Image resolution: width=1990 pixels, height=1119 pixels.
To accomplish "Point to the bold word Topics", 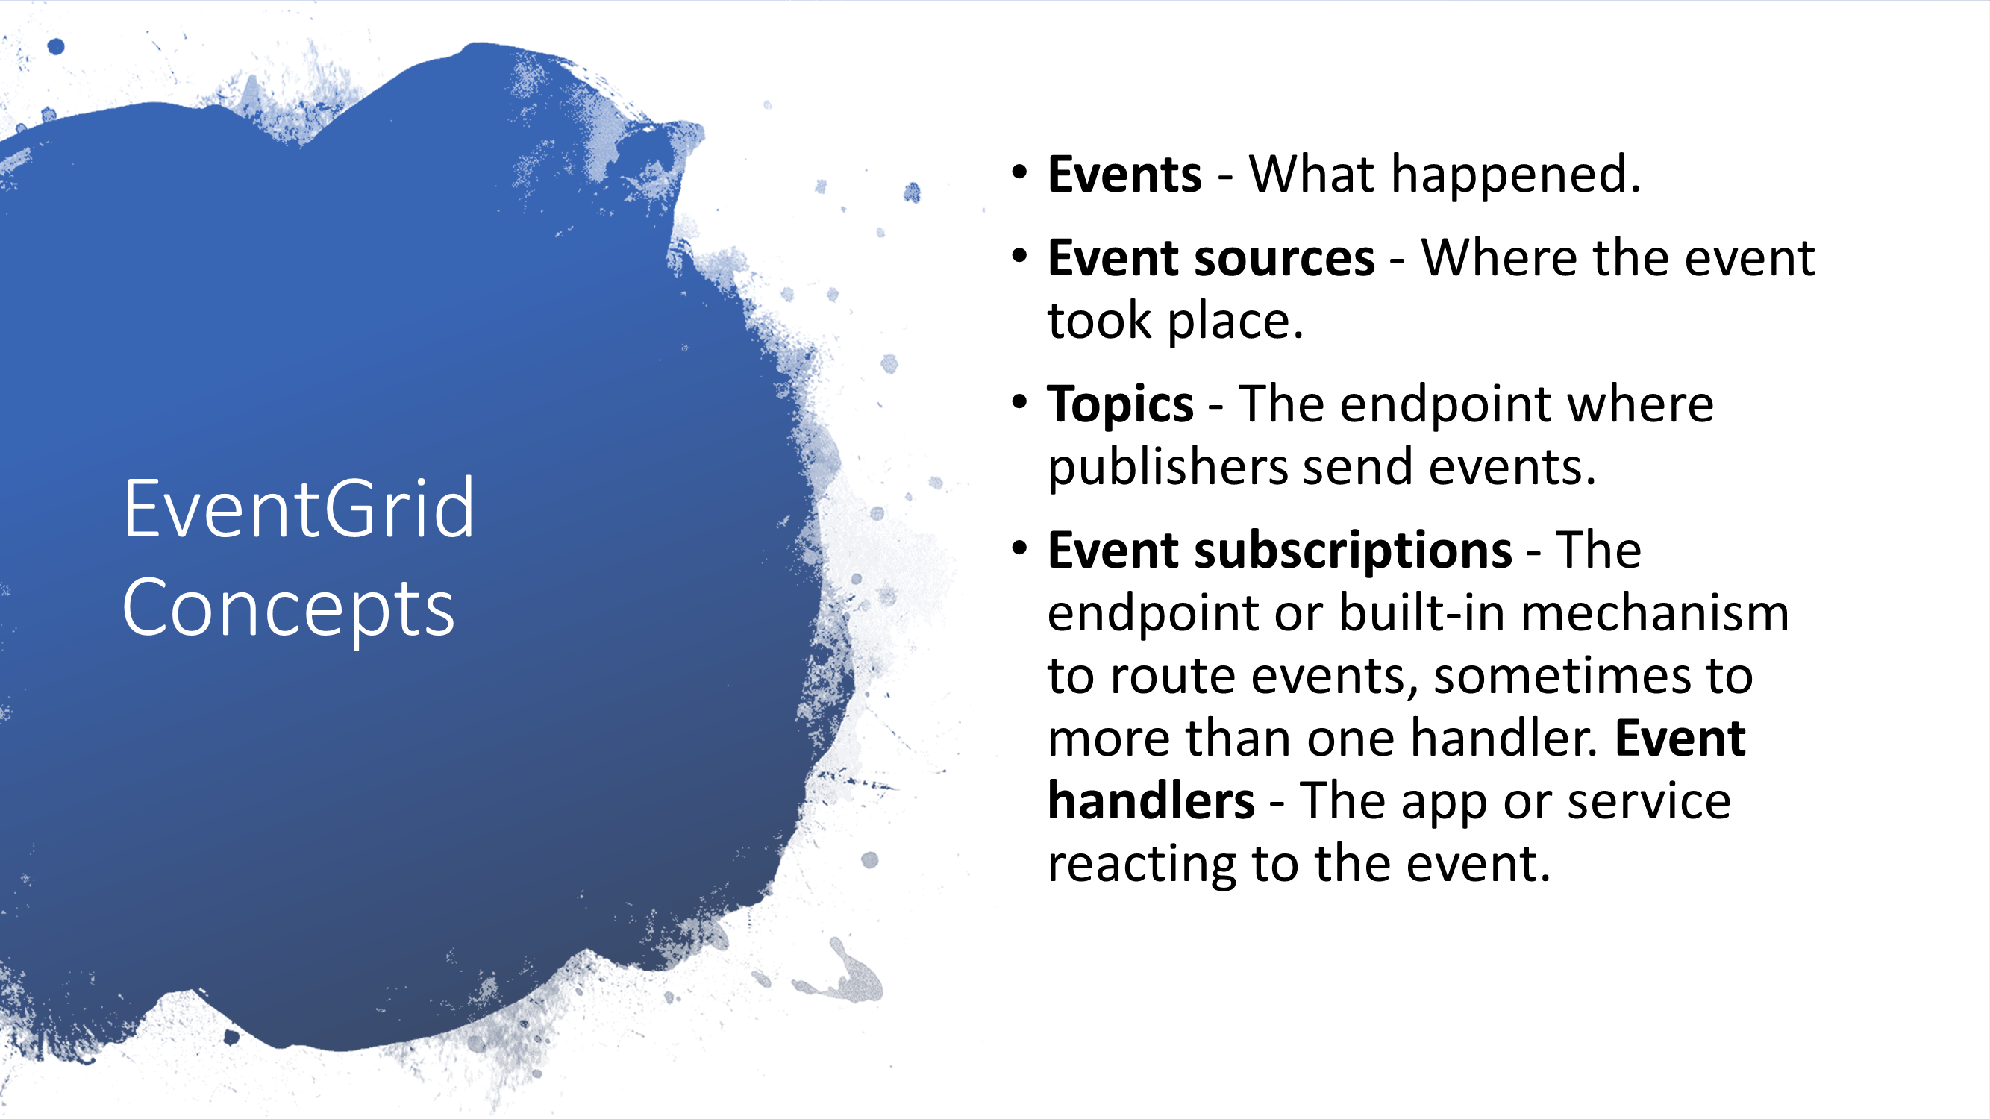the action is pos(1120,404).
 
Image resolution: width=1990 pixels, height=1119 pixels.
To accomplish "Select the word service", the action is pos(1649,802).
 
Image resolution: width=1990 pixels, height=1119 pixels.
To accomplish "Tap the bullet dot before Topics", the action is pos(1020,401).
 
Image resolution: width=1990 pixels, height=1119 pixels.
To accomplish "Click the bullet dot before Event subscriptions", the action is pos(1020,548).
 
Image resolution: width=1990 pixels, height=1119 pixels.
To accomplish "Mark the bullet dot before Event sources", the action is pos(1020,255).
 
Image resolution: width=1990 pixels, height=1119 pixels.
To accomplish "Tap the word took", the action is pos(1099,321).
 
